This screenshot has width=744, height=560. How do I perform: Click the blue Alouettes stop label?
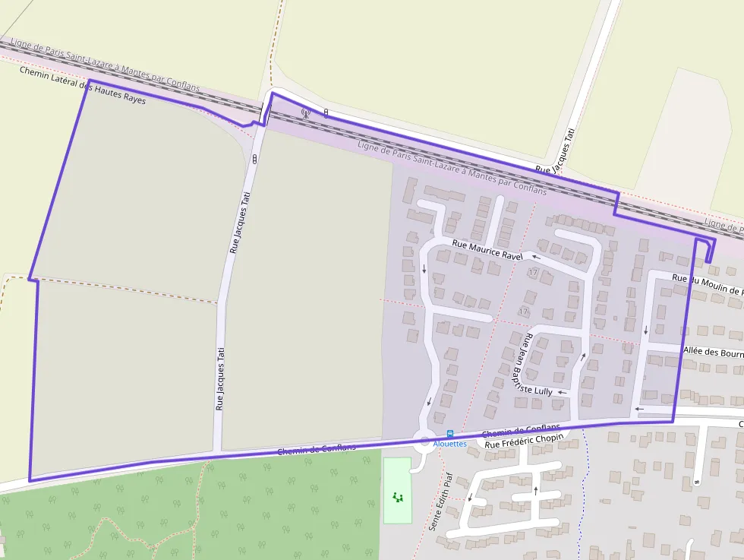[x=450, y=443]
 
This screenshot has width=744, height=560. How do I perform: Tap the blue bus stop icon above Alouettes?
[x=450, y=434]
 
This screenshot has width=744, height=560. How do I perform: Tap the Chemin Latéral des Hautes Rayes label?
[x=82, y=85]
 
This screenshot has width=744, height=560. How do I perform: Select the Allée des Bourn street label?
[x=713, y=353]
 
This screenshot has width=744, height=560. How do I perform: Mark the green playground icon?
[x=397, y=498]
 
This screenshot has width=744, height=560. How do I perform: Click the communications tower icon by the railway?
[x=306, y=114]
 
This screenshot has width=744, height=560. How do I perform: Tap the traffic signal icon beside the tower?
[x=326, y=113]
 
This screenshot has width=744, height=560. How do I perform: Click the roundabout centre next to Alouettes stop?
[x=424, y=440]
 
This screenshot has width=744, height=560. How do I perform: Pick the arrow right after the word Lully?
[x=562, y=392]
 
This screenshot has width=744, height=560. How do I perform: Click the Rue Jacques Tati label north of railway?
[x=556, y=151]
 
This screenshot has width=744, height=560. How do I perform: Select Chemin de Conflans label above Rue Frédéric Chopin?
[x=521, y=431]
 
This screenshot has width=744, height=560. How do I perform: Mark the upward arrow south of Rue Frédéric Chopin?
[x=536, y=490]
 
